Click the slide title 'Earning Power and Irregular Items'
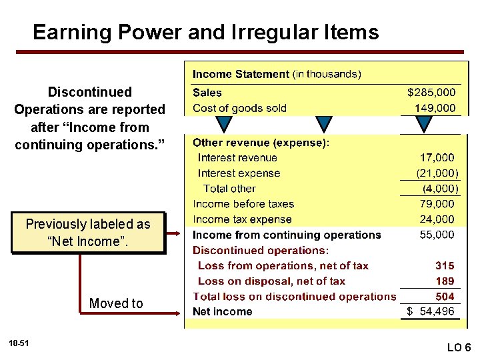tap(205, 32)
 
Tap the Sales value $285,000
tap(431, 93)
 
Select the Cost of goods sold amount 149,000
tap(435, 108)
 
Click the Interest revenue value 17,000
tap(437, 158)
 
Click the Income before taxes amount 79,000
tap(437, 204)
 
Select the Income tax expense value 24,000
tap(437, 219)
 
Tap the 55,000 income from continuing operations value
tap(437, 235)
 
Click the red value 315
tap(445, 266)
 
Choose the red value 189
tap(445, 281)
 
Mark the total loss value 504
tap(445, 297)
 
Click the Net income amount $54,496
tap(431, 312)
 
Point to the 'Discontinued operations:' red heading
tap(261, 251)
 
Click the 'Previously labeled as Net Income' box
tap(88, 233)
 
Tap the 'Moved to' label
tap(116, 304)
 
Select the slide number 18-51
tap(19, 343)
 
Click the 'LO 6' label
tap(459, 347)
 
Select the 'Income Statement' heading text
tap(241, 75)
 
